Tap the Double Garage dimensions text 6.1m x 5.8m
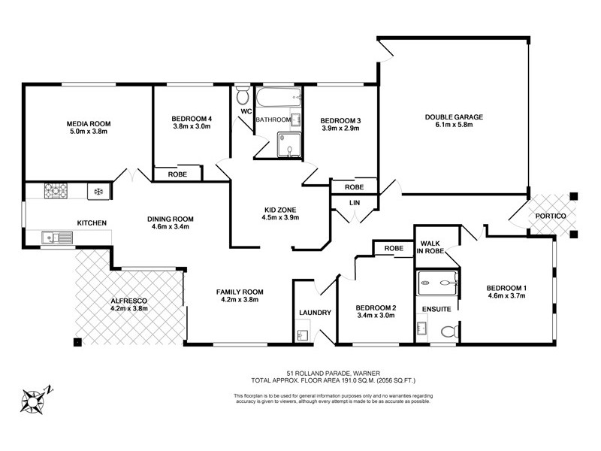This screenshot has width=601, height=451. point(453,126)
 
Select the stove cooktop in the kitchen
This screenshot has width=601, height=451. point(56,191)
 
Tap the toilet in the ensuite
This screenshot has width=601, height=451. point(447,331)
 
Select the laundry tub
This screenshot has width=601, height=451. point(303,334)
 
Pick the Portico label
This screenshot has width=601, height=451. point(551,215)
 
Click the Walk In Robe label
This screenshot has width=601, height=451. point(430,247)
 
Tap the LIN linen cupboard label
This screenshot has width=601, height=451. point(355,203)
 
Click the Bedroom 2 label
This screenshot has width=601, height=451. point(375,307)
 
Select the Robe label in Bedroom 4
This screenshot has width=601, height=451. point(177,174)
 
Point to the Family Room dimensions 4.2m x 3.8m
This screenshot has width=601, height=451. point(239,300)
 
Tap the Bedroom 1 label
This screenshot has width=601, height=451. point(506,288)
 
